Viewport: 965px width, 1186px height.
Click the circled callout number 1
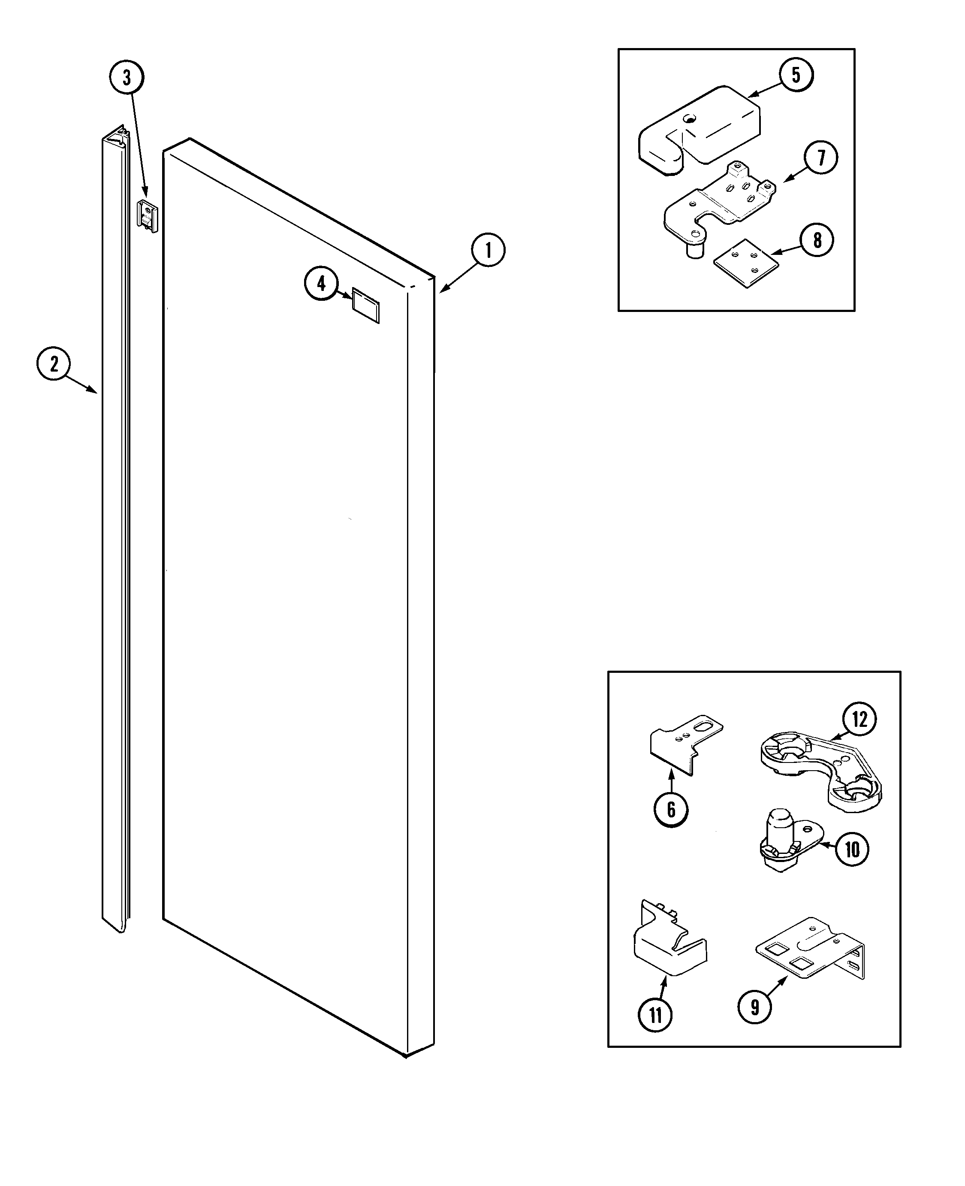tap(488, 251)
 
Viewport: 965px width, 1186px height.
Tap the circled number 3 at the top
tap(127, 77)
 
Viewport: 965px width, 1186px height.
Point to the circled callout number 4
tap(321, 284)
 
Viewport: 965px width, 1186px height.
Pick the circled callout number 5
tap(796, 75)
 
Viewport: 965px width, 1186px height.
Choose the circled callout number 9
tap(754, 1007)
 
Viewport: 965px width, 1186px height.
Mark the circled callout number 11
tap(655, 1015)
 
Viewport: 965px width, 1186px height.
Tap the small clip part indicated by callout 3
tap(147, 216)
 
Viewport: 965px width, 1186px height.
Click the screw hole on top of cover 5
tap(690, 118)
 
